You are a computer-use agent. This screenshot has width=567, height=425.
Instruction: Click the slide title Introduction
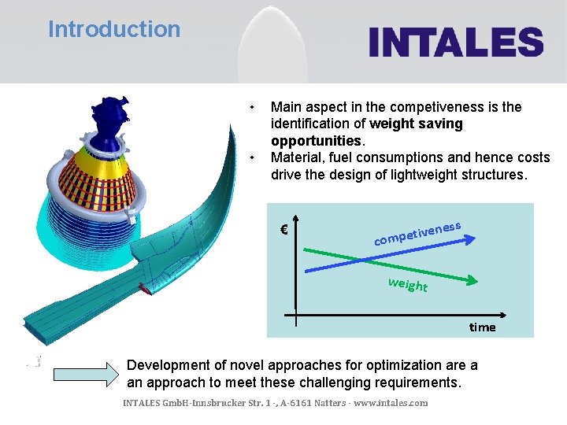(x=114, y=30)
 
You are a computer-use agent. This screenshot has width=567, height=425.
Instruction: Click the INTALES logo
(x=456, y=42)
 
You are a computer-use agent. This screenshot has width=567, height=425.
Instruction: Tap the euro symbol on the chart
(x=283, y=230)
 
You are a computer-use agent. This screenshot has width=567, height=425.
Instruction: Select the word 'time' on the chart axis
(x=482, y=327)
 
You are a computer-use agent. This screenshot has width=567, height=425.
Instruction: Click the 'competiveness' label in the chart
(x=417, y=232)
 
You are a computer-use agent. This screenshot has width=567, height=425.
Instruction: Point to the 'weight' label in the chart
(x=407, y=284)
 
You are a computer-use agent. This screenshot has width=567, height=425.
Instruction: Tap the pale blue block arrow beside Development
(x=87, y=375)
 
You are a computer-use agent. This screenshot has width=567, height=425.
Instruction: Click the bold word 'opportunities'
(x=316, y=141)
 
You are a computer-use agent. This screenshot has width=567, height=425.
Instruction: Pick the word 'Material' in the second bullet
(x=295, y=158)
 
